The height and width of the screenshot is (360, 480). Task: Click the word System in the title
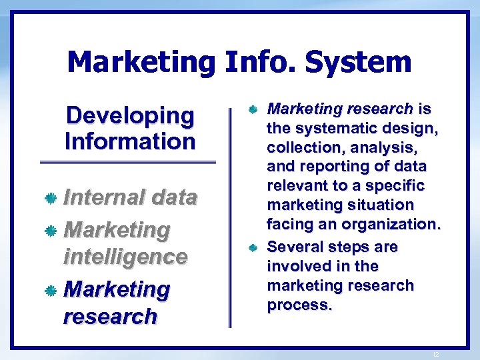[x=358, y=63]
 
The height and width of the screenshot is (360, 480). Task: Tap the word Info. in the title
[x=260, y=63]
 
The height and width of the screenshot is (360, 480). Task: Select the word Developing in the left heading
[x=130, y=115]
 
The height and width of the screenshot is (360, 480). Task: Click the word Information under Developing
[x=130, y=141]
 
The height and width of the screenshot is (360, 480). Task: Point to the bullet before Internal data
[x=50, y=198]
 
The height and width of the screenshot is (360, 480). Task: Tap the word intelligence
[x=125, y=257]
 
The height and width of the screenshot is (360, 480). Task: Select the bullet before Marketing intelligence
[x=50, y=231]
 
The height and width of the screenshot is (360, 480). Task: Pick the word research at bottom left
[x=110, y=316]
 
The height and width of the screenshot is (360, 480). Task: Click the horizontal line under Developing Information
[x=128, y=162]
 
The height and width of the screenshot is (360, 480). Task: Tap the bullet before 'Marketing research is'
[x=253, y=109]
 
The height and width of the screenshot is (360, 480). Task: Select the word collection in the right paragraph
[x=297, y=147]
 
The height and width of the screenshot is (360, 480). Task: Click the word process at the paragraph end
[x=297, y=305]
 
